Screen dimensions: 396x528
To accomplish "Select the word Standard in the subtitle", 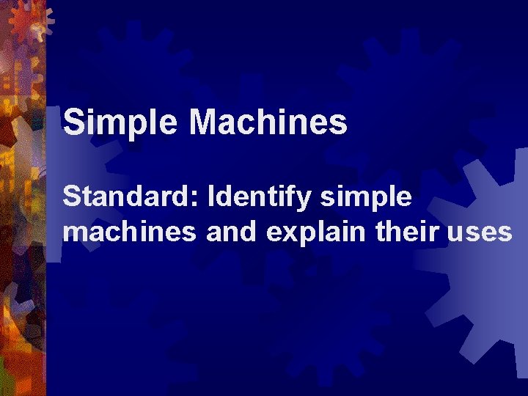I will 131,197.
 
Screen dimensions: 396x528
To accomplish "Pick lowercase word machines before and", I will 130,232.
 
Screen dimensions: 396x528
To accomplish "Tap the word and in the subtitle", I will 230,232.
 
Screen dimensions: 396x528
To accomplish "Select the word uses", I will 481,233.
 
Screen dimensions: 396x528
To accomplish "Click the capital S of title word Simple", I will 73,122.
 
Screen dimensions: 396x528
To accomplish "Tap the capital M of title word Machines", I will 205,122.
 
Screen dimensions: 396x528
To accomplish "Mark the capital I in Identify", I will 213,197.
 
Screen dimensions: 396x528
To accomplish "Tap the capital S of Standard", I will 72,197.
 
